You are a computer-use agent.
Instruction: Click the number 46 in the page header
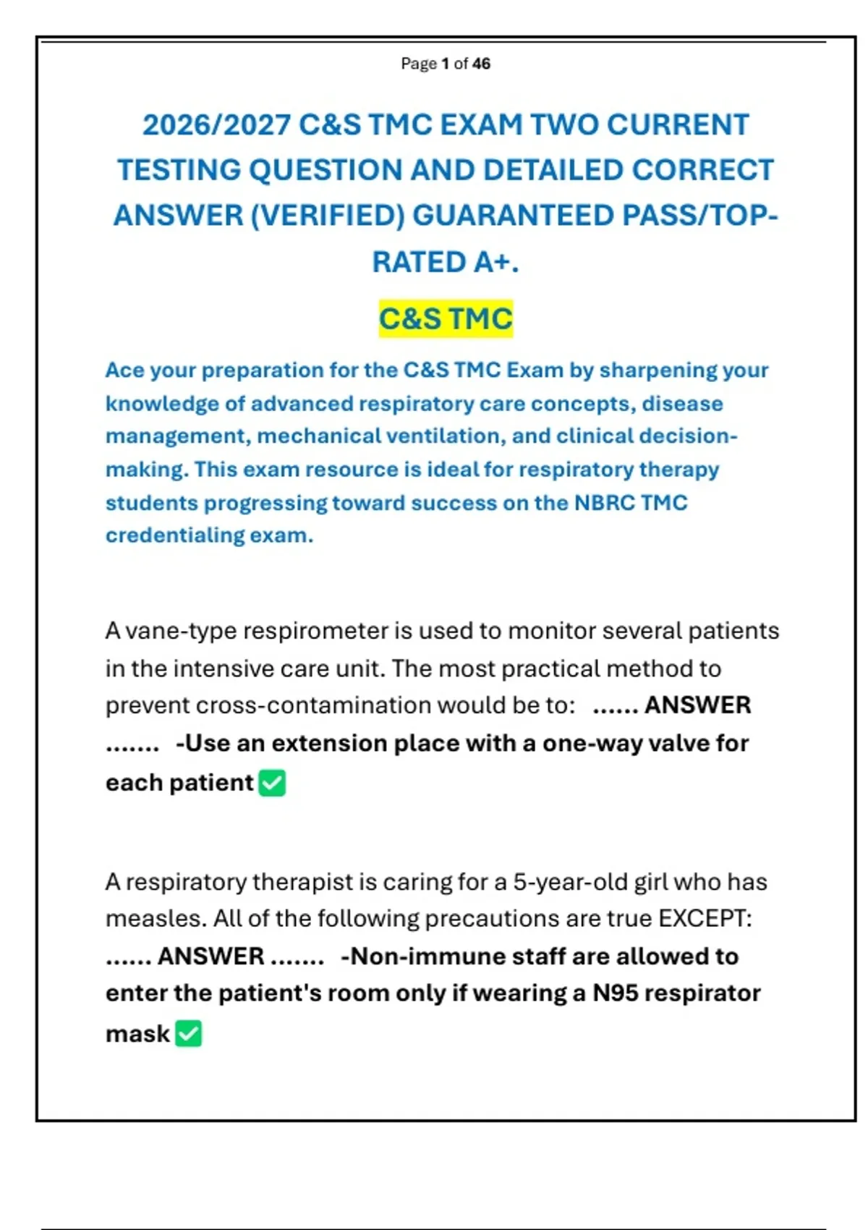tap(481, 64)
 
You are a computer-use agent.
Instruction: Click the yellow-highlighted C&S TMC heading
tap(446, 319)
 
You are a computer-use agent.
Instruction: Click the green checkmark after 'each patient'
tap(272, 783)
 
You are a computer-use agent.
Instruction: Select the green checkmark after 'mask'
tap(189, 1034)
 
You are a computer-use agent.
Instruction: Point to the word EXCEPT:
tap(705, 919)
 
